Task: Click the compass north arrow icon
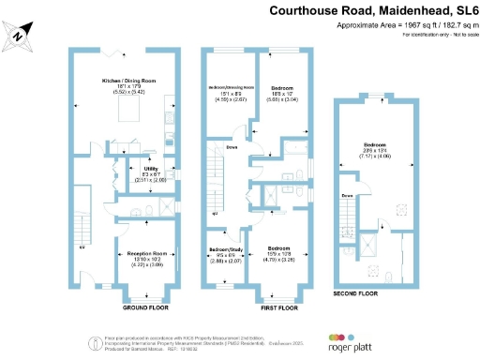tap(21, 35)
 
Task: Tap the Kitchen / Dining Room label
tap(127, 82)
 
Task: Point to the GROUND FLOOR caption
tap(144, 307)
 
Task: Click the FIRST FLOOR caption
tap(276, 307)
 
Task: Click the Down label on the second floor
tap(347, 195)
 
